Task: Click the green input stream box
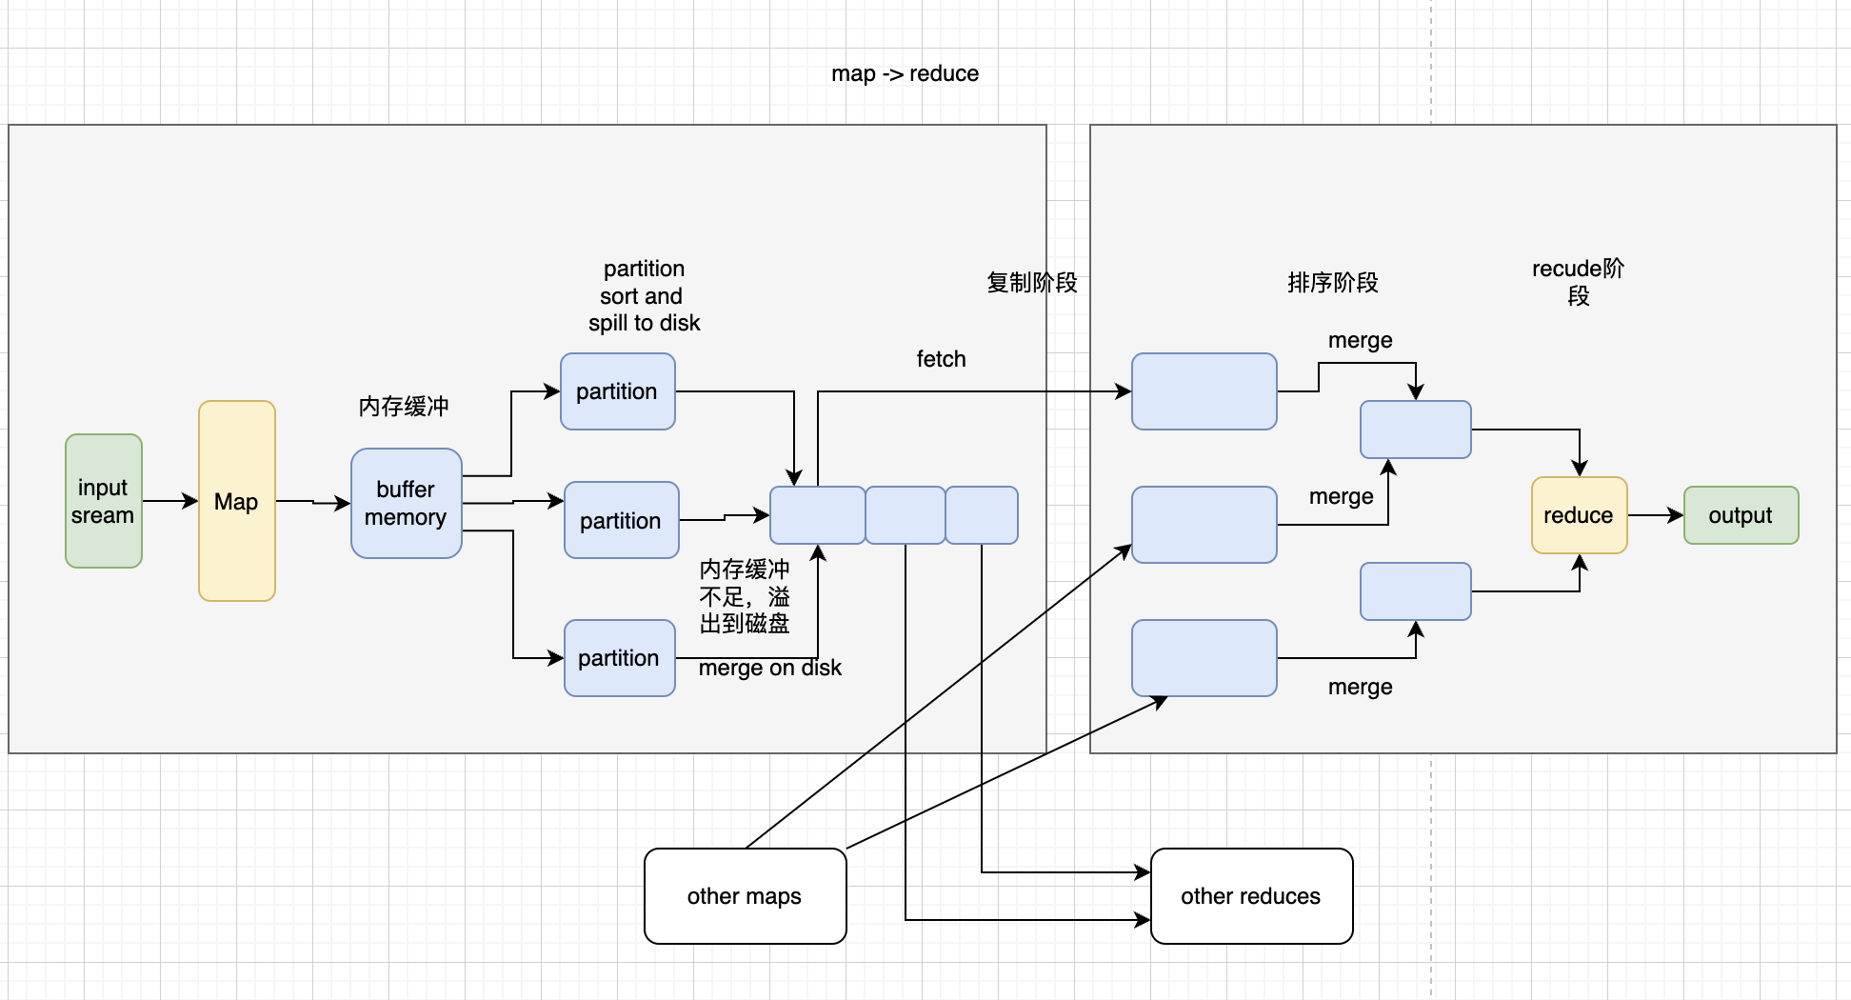[x=104, y=501]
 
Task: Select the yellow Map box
[x=237, y=501]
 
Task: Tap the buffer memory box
[x=407, y=503]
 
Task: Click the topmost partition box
[x=618, y=391]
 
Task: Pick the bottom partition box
[x=620, y=658]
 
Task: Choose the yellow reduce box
[x=1579, y=515]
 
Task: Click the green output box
[x=1741, y=515]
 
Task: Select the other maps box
[x=745, y=896]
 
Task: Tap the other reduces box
[x=1251, y=896]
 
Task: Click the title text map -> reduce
[x=905, y=74]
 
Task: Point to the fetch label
[x=941, y=359]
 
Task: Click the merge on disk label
[x=769, y=669]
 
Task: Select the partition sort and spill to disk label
[x=644, y=296]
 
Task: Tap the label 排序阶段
[x=1332, y=283]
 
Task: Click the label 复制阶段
[x=1031, y=283]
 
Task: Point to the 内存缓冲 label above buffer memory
[x=404, y=407]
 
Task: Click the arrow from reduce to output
[x=1655, y=515]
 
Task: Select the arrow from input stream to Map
[x=169, y=501]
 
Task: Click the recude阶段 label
[x=1578, y=282]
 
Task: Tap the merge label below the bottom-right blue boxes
[x=1360, y=687]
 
